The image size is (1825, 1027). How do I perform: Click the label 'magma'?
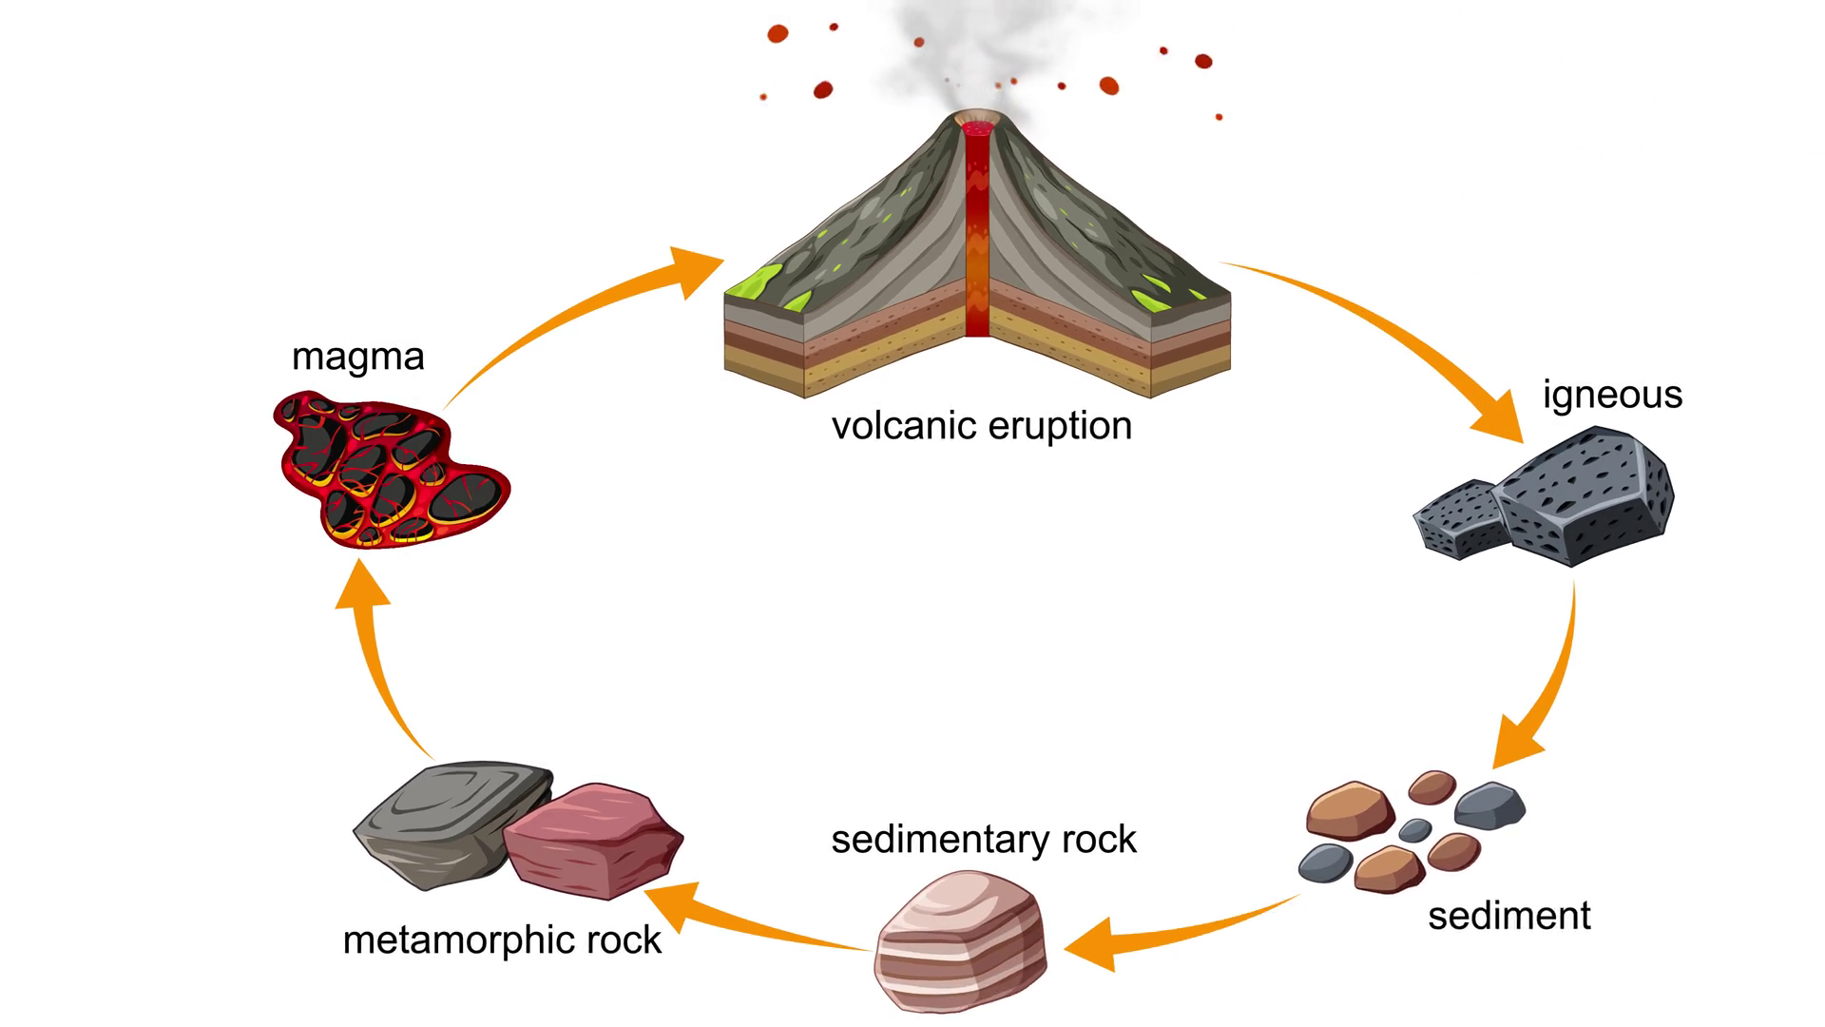357,358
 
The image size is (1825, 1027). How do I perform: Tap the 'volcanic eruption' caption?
982,426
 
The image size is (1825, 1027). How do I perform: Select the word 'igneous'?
1612,395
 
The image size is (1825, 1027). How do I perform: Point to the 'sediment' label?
1508,916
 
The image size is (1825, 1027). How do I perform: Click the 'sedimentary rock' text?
984,840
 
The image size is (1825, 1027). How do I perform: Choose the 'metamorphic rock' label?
502,940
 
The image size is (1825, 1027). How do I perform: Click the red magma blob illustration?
390,471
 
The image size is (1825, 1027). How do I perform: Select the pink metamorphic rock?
594,842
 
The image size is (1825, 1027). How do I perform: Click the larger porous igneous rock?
1583,499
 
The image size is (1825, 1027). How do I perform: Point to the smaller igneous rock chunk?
1459,518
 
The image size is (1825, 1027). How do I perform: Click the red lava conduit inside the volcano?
977,238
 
